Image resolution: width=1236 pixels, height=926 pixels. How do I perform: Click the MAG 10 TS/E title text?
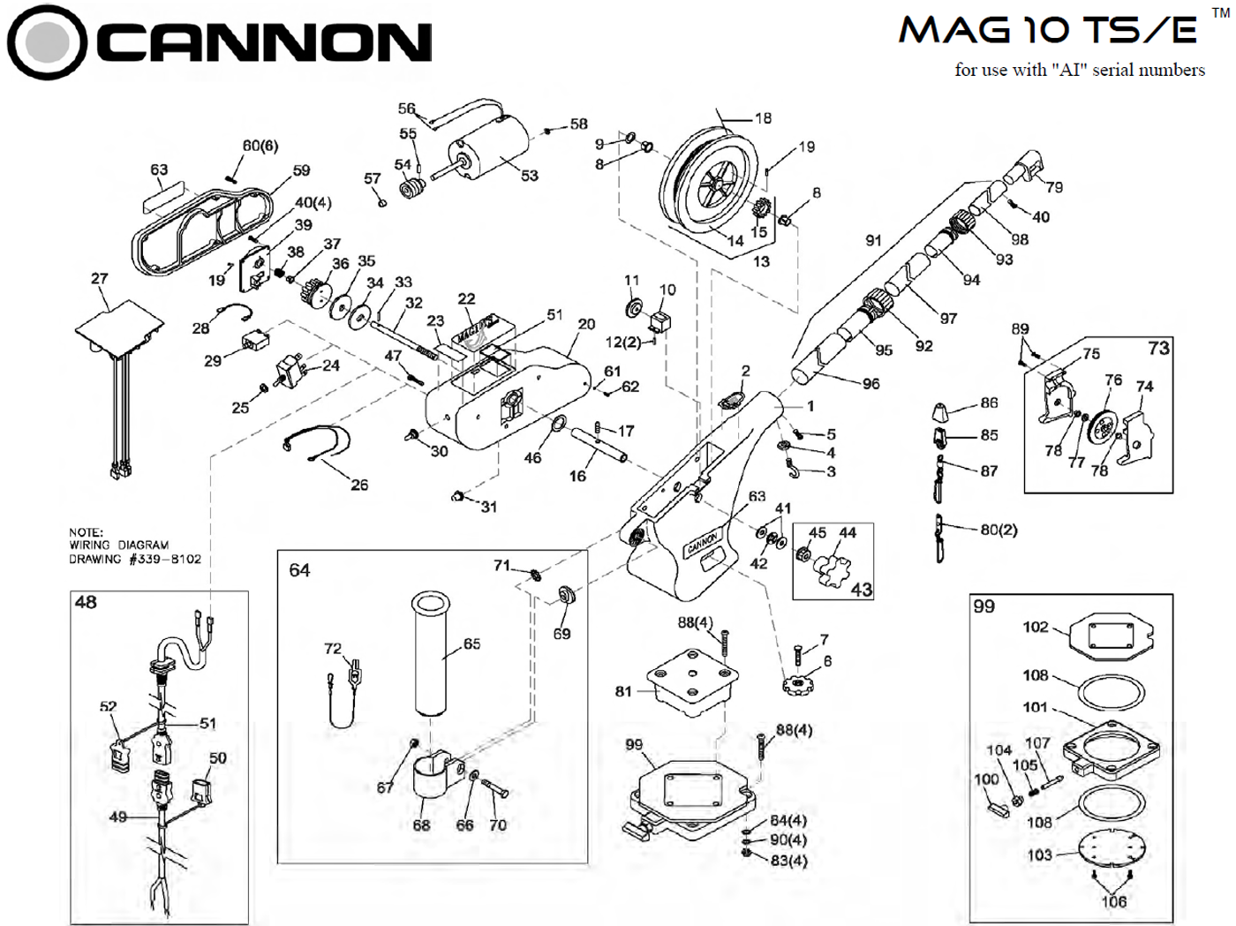coord(1048,30)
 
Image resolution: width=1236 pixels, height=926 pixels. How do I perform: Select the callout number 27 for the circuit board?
coord(99,278)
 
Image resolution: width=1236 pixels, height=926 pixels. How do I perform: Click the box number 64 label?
coord(299,570)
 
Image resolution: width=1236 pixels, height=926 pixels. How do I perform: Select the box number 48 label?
coord(86,603)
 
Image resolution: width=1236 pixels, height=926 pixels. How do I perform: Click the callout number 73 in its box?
coord(1158,348)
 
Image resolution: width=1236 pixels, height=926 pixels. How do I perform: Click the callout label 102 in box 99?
coord(1035,627)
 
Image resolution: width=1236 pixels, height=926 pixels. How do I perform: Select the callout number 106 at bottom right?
coord(1113,901)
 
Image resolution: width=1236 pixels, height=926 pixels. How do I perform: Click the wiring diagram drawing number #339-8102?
coord(164,559)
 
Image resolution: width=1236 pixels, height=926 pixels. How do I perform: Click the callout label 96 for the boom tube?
coord(870,384)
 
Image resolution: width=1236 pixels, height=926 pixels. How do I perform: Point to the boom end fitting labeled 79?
coord(1028,167)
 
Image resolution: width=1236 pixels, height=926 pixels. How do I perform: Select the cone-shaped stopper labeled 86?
coord(941,410)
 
